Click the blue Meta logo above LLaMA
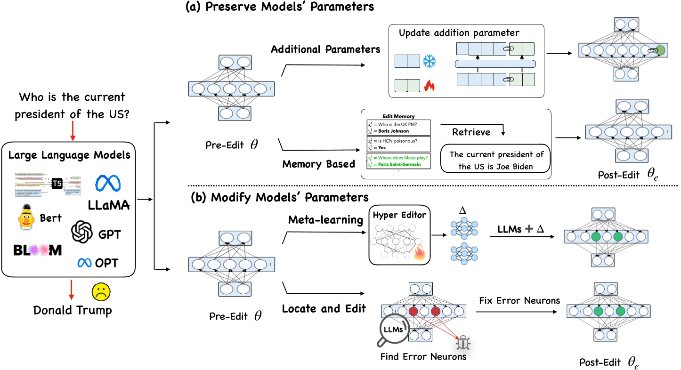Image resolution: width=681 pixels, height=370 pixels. point(109,184)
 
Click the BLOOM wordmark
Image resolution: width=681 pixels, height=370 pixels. point(37,250)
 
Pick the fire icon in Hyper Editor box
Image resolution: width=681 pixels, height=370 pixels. point(419,255)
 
